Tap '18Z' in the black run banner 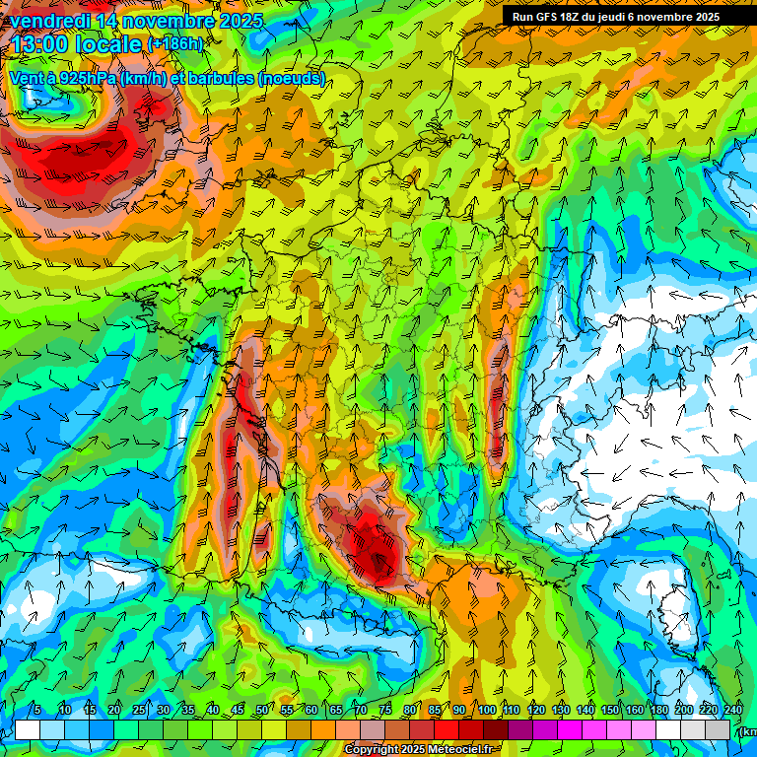pos(575,17)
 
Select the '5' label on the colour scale pos(36,710)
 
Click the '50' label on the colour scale pos(261,710)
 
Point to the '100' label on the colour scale pos(487,710)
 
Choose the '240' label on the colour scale pos(733,710)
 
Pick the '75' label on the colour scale pos(385,710)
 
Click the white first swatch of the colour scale pos(28,729)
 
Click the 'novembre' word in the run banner pos(681,17)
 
